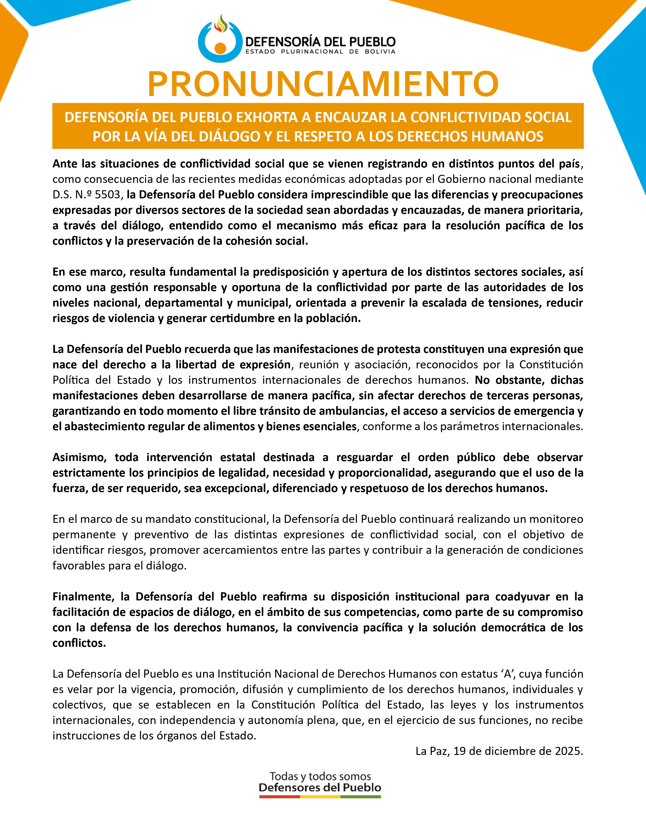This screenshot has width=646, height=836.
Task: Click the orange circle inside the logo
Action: (x=220, y=48)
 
